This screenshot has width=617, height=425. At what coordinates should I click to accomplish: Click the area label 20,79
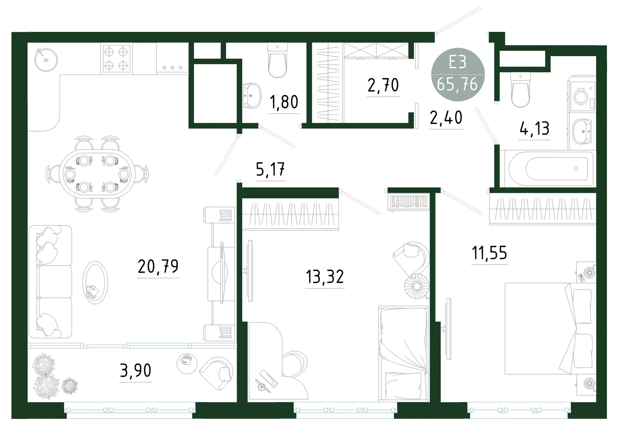[x=158, y=266]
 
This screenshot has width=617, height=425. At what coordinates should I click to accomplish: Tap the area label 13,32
[x=325, y=276]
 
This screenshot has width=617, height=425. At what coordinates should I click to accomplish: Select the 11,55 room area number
[x=489, y=253]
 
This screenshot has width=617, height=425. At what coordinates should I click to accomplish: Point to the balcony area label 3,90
[x=136, y=370]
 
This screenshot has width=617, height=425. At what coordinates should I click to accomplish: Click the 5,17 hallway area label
[x=270, y=169]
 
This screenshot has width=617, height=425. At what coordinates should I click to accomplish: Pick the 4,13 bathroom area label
[x=534, y=128]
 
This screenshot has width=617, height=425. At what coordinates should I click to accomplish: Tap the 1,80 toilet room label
[x=284, y=102]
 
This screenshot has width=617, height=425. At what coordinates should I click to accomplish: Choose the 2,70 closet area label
[x=383, y=85]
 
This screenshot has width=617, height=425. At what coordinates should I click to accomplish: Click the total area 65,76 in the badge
[x=457, y=84]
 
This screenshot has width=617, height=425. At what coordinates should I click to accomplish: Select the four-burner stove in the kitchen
[x=116, y=59]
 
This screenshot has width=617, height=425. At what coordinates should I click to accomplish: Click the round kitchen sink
[x=46, y=60]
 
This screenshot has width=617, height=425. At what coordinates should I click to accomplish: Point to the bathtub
[x=549, y=169]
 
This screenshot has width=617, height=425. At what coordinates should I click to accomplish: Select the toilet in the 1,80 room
[x=277, y=61]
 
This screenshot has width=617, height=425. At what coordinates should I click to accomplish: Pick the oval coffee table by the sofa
[x=95, y=283]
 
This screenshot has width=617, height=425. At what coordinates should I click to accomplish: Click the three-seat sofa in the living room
[x=50, y=282]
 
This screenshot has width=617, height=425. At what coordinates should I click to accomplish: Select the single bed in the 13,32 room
[x=404, y=354]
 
